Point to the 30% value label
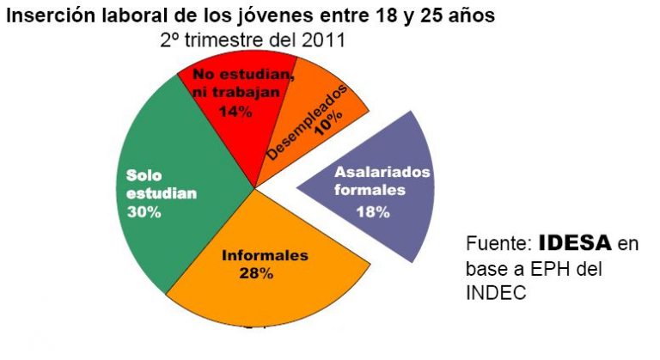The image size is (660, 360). click(x=144, y=211)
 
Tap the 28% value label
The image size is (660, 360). click(x=256, y=274)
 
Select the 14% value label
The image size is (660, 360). click(x=234, y=111)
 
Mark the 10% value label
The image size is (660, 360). click(x=324, y=124)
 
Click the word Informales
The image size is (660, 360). click(x=265, y=255)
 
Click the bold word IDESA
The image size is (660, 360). click(x=576, y=243)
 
